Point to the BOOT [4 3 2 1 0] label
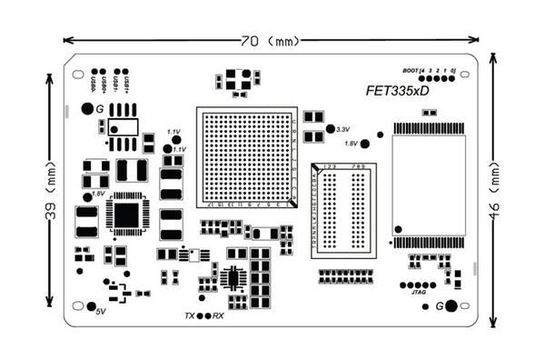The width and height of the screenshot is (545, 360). (429, 70)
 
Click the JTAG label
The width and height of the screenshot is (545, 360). (419, 293)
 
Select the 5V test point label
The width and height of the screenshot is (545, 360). (101, 311)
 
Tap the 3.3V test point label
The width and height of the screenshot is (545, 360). (343, 129)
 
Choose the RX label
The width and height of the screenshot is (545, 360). (218, 315)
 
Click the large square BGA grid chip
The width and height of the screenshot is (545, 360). (247, 157)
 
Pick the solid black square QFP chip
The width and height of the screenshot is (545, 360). (127, 215)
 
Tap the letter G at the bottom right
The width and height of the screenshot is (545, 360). (439, 306)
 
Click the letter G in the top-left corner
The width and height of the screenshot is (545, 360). (86, 109)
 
